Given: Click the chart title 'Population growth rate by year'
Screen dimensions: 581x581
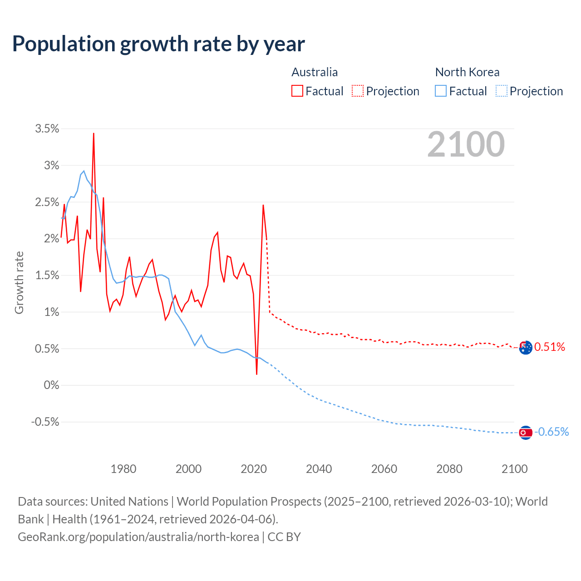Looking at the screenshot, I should [158, 44].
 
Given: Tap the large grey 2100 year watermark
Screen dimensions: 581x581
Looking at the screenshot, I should [466, 144].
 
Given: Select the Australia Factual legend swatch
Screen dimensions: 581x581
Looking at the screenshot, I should [297, 91].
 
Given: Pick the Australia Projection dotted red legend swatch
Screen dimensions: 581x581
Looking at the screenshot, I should [358, 91].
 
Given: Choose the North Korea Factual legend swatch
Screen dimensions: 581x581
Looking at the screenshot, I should [441, 91].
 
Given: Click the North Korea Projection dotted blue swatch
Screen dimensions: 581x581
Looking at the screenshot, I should [501, 91].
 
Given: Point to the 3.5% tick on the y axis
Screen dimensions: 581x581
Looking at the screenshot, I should [47, 129].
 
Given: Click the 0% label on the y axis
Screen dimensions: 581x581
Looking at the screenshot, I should [51, 385].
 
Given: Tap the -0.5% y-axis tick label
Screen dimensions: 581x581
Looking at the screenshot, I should [45, 422].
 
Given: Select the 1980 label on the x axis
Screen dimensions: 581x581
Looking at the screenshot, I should [123, 469].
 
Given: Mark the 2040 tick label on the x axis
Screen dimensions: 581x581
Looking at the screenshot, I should [319, 469].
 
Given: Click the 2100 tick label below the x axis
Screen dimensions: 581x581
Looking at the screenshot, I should [514, 469].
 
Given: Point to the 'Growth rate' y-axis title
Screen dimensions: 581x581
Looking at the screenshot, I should [19, 282].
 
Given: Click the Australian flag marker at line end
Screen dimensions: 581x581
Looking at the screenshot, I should [525, 348].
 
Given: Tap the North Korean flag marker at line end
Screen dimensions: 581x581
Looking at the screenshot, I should [525, 433].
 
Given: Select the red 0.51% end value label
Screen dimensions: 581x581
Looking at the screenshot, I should [550, 347].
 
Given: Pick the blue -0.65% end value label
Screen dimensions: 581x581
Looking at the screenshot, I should [551, 432].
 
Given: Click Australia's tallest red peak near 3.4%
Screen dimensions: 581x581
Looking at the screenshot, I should [94, 134].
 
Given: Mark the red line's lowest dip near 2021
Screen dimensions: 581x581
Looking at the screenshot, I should [257, 374].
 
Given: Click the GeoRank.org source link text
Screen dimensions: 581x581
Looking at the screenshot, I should [138, 537].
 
